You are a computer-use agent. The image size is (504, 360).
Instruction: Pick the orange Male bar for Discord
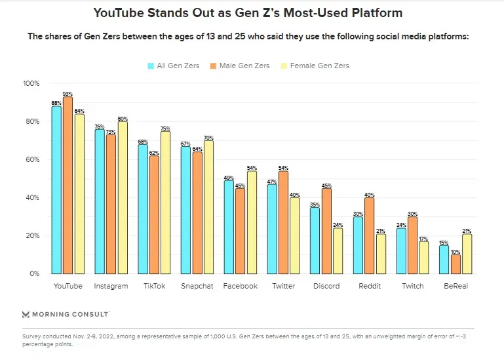point(326,230)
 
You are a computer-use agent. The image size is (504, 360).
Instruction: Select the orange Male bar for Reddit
point(370,235)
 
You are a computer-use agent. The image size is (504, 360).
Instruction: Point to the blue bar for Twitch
point(401,250)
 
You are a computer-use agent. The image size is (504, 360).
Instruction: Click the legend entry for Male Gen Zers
point(240,66)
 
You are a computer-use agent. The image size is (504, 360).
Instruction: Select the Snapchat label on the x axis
point(197,286)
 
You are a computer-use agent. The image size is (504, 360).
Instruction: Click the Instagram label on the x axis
point(111,286)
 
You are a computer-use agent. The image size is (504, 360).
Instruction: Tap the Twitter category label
point(283,286)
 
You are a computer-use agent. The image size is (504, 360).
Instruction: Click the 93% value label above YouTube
point(68,94)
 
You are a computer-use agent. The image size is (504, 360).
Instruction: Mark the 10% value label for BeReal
point(456,251)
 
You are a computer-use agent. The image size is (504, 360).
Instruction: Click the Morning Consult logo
point(66,314)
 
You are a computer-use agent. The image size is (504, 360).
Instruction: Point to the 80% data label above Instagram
point(122,119)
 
